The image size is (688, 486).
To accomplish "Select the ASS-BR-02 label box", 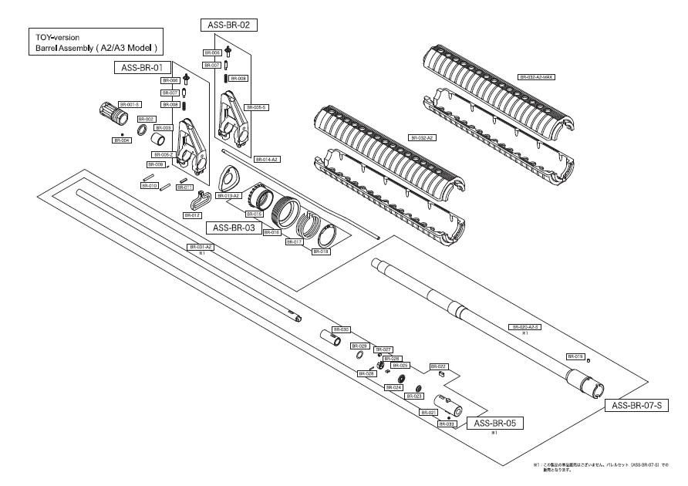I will click(229, 25).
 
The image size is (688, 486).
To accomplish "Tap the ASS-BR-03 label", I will click(233, 228).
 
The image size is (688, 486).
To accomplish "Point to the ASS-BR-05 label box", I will click(494, 423).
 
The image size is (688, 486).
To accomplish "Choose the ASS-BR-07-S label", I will click(638, 405).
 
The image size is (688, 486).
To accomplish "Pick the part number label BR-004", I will click(122, 140).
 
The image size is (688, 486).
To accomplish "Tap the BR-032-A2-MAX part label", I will click(537, 77).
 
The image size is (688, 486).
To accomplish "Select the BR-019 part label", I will click(575, 356).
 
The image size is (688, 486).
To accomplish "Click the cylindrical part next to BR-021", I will click(448, 403).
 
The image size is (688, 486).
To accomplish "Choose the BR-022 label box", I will click(437, 366).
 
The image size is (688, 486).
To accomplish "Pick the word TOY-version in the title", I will click(58, 37).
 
